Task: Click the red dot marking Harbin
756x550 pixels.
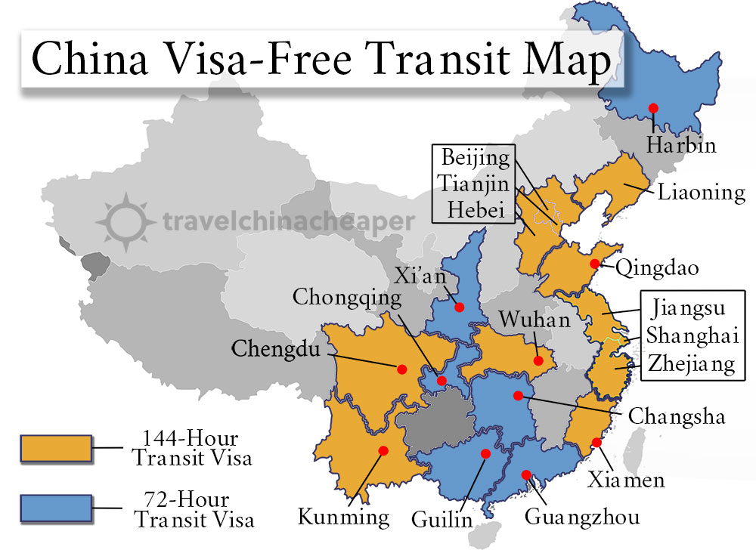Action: [x=652, y=108]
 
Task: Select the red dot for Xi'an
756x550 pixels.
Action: [x=459, y=307]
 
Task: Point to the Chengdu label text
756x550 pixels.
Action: [x=274, y=349]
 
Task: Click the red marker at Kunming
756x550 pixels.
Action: [x=383, y=450]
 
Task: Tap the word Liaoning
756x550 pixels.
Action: [x=701, y=192]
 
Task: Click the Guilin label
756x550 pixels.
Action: [x=442, y=520]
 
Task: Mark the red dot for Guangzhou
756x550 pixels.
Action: [x=526, y=474]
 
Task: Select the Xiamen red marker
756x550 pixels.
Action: [x=596, y=443]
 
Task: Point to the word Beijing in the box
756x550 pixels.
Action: [x=476, y=159]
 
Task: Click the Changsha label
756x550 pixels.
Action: [x=677, y=416]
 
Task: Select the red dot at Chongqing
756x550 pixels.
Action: [x=442, y=380]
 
